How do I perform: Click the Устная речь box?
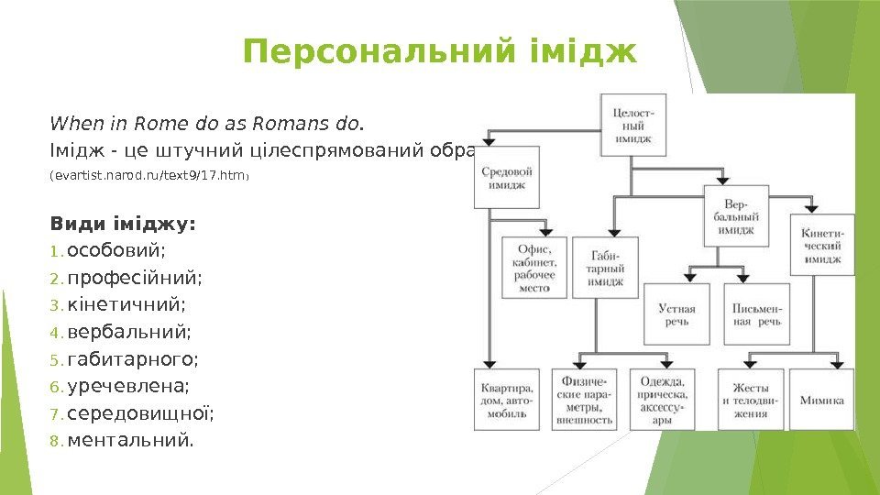pos(676,313)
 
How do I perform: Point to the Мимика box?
pos(821,400)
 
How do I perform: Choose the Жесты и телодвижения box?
pos(750,400)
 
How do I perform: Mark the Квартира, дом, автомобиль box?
pos(506,400)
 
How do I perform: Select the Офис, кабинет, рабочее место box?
pos(533,266)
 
